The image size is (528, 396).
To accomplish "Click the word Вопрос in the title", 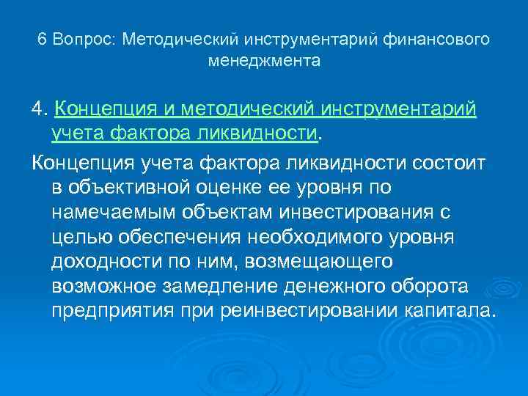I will pos(84,39).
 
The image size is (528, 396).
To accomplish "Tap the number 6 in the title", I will pos(42,39).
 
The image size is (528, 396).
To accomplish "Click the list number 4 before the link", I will pos(39,110).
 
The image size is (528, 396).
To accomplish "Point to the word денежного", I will pos(362,287).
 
